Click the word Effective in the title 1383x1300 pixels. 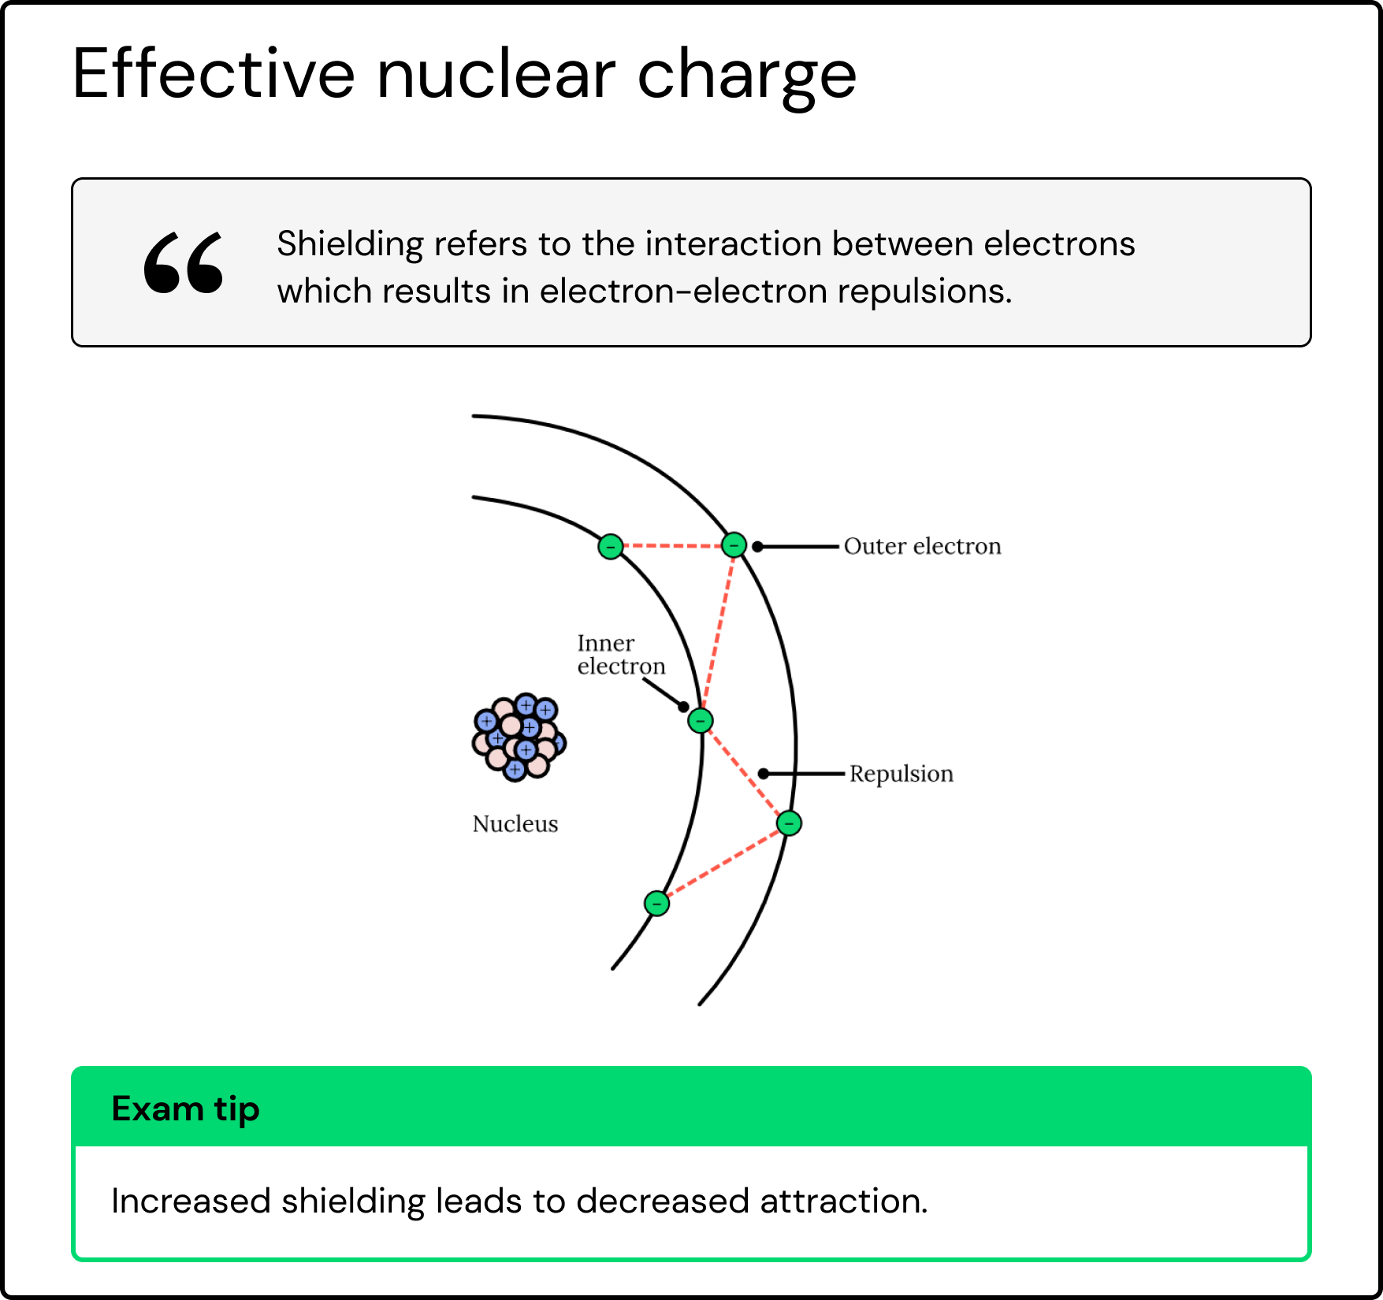(x=214, y=75)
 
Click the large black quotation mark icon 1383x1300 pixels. (x=184, y=262)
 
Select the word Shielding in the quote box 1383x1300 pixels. (x=350, y=244)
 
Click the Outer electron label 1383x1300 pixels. (x=922, y=546)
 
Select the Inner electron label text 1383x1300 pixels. (x=621, y=655)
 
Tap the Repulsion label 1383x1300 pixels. (x=901, y=774)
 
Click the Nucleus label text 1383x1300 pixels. (x=515, y=824)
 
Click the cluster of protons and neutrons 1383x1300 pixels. (x=519, y=737)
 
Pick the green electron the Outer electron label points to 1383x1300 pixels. (x=734, y=544)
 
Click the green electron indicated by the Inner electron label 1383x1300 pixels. (x=700, y=720)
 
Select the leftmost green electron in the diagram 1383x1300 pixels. (x=611, y=546)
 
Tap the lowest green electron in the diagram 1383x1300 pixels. (x=656, y=903)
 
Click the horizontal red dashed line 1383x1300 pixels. (x=672, y=545)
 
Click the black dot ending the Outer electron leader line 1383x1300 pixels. (x=757, y=546)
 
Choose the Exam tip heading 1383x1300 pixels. (x=186, y=1109)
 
